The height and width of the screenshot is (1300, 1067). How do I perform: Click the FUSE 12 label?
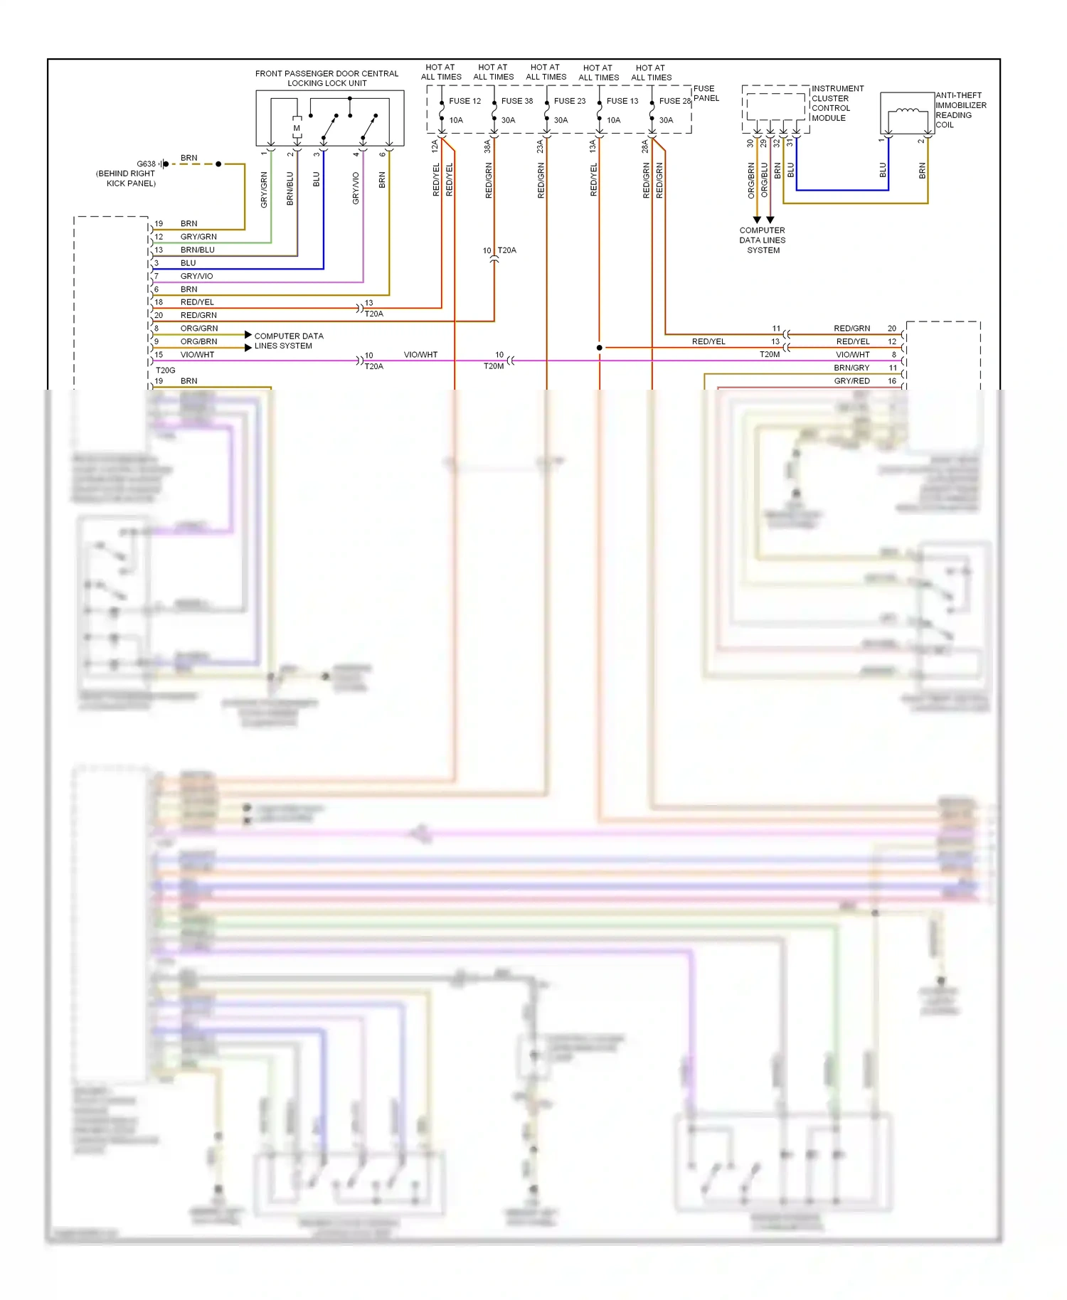point(465,101)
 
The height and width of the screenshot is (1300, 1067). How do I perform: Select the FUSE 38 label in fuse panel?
point(517,101)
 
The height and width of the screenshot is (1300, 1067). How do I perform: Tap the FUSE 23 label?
point(570,101)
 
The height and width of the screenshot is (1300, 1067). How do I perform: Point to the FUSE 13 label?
point(622,101)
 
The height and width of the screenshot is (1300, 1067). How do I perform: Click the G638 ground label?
point(146,164)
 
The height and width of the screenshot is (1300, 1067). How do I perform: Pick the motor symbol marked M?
point(297,129)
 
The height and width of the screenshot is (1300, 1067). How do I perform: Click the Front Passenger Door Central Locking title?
point(327,78)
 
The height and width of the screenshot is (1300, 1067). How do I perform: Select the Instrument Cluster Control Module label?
point(837,103)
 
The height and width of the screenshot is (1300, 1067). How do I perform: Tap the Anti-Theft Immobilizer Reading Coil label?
point(960,110)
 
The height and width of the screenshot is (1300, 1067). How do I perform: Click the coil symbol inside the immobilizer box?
point(907,111)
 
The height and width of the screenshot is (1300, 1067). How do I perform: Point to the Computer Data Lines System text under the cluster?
point(763,240)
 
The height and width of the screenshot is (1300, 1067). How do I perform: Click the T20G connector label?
point(166,370)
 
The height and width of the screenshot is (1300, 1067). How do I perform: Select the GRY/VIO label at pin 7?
point(196,276)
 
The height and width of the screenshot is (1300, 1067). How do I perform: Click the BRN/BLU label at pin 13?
point(197,250)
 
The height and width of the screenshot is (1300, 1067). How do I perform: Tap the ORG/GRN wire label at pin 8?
point(199,329)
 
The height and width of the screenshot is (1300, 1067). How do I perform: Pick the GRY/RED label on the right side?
point(851,381)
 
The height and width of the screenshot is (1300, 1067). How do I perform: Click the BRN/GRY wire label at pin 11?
point(851,368)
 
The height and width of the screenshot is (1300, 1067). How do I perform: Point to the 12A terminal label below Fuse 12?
point(435,146)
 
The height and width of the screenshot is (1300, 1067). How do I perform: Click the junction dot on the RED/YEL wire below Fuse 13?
point(599,348)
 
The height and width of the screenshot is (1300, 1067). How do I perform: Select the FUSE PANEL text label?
point(706,93)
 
